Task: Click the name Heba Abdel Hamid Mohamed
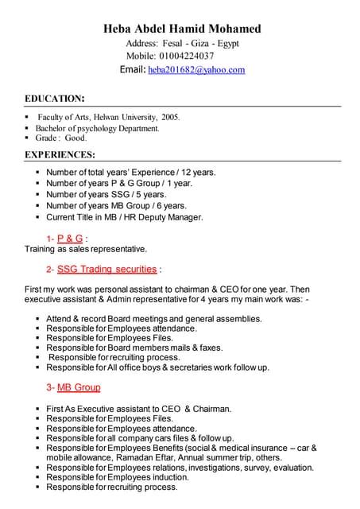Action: (x=182, y=29)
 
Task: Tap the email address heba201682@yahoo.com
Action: (x=196, y=70)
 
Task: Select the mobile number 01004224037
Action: (x=188, y=56)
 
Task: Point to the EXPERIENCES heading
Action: (x=60, y=154)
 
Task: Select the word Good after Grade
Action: (x=75, y=138)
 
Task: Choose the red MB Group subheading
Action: (x=79, y=387)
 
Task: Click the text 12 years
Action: (x=198, y=172)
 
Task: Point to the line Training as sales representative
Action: (x=86, y=248)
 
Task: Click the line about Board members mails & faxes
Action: (x=134, y=348)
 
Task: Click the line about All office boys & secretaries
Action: (x=158, y=367)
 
